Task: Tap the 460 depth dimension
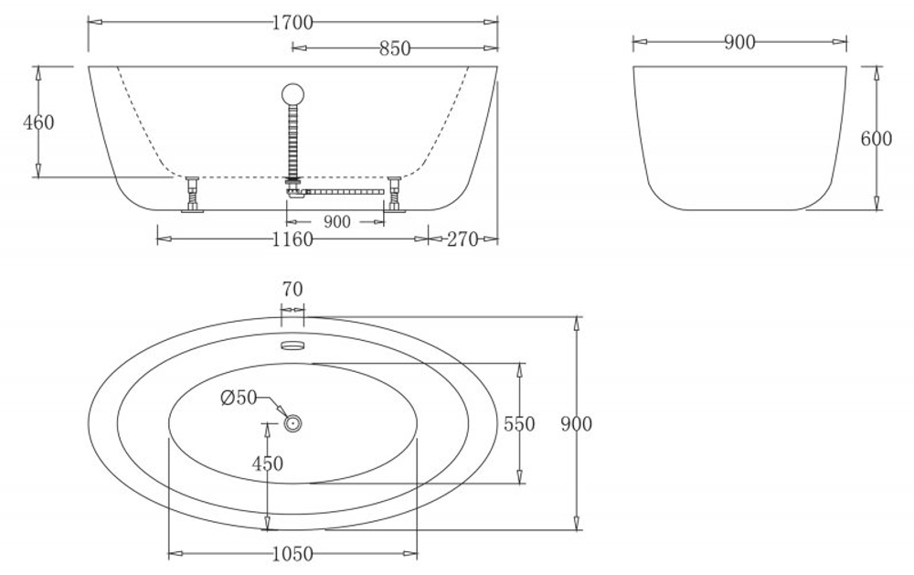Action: (x=38, y=122)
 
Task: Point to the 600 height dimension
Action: (x=877, y=139)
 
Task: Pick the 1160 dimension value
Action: (x=292, y=240)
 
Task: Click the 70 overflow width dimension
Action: (x=292, y=290)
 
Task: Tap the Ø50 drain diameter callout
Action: (x=239, y=398)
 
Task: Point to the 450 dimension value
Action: (x=267, y=464)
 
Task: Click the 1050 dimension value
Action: (x=292, y=554)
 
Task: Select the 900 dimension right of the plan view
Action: (x=577, y=424)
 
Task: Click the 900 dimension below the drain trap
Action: (x=337, y=222)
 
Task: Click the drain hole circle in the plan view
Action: (x=293, y=423)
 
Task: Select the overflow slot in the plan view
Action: (x=292, y=345)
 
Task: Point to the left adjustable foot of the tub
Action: (x=194, y=194)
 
